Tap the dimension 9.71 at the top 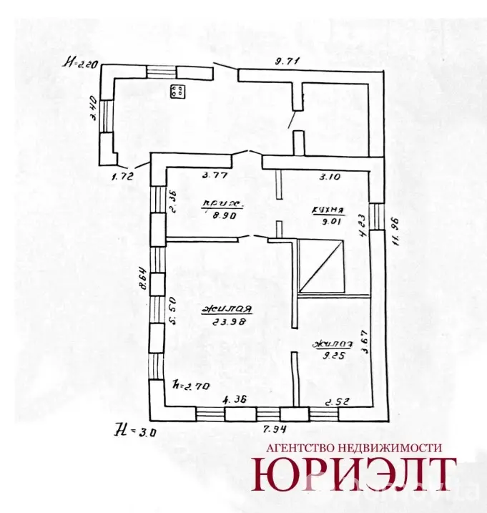pyautogui.click(x=287, y=61)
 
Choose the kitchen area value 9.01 pyautogui.click(x=330, y=221)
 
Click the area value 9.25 pyautogui.click(x=328, y=353)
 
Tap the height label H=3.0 pyautogui.click(x=130, y=430)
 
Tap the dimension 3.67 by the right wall pyautogui.click(x=363, y=346)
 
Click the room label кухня pyautogui.click(x=328, y=211)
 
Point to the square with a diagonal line pyautogui.click(x=322, y=267)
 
